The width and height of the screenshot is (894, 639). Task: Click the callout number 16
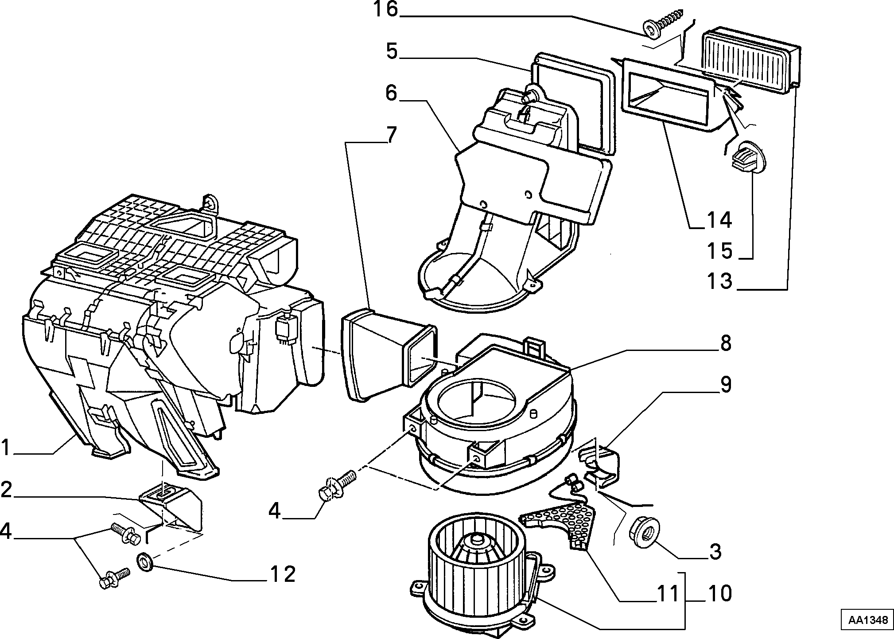(386, 9)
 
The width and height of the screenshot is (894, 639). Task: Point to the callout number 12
(282, 574)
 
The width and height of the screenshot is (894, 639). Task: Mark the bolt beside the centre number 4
(336, 486)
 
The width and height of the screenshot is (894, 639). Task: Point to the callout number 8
(725, 343)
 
